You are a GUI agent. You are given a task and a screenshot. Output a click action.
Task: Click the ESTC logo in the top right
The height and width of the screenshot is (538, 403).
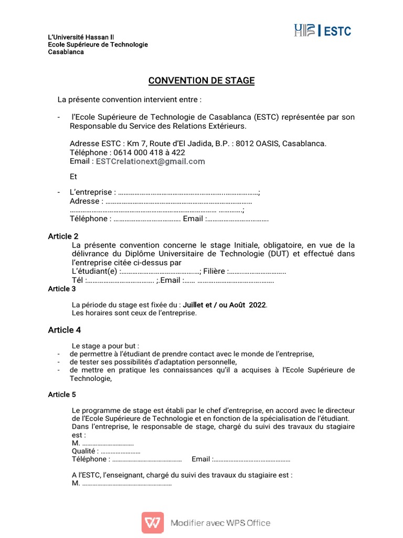322,31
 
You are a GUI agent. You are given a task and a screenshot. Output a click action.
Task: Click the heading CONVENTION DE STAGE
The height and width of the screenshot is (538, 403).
201,80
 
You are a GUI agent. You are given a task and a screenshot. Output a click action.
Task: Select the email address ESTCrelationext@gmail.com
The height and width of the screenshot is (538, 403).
150,161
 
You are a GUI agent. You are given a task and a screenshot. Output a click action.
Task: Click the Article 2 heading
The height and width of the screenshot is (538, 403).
63,236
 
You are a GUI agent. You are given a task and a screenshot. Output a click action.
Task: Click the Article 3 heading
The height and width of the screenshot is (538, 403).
62,288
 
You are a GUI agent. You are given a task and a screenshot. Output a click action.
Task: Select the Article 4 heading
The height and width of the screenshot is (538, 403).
65,330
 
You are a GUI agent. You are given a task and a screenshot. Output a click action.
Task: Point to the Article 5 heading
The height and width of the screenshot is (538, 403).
62,394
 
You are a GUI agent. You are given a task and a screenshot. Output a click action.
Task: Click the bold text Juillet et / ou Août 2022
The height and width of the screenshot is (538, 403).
225,305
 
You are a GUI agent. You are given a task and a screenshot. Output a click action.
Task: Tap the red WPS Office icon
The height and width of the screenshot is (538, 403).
152,523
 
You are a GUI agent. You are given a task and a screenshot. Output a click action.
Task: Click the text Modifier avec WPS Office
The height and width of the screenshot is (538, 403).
220,523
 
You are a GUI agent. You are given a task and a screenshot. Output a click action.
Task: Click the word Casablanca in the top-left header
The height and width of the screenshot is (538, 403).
66,52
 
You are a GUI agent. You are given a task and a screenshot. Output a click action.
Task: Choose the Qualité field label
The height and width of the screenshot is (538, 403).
84,451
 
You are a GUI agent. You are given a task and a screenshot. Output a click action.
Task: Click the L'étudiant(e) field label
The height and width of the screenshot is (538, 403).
95,271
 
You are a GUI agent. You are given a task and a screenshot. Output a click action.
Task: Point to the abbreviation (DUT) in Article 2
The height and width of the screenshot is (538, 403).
279,254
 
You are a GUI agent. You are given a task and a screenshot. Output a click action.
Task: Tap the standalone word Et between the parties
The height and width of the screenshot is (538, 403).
73,177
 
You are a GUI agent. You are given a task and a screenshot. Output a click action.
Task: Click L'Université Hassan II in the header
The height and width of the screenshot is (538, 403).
81,37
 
